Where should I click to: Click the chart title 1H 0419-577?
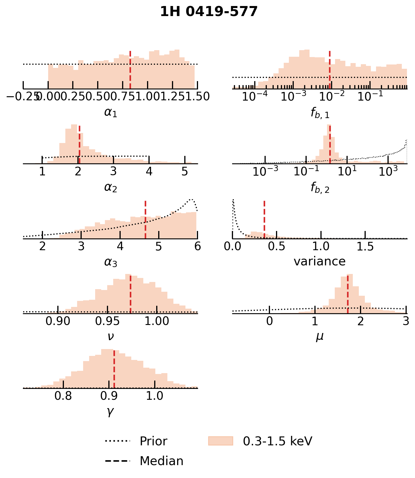tap(209, 12)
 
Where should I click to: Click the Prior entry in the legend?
tap(153, 441)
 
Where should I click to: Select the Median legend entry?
tap(161, 461)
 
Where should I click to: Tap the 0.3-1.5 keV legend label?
tap(277, 441)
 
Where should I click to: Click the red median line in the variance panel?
tap(264, 219)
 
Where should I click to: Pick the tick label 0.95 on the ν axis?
tap(107, 322)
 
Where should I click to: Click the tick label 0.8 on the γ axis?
tap(63, 396)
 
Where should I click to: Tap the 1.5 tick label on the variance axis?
tap(365, 247)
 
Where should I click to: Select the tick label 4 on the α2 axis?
tap(149, 171)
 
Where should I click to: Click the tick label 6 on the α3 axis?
tap(197, 247)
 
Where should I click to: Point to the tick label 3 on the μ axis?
tap(406, 322)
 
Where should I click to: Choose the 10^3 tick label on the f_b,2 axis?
tap(388, 171)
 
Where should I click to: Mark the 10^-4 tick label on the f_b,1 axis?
tap(255, 97)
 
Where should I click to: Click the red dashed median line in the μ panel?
tap(348, 294)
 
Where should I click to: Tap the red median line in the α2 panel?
tap(79, 145)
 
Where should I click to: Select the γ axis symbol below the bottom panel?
tap(110, 412)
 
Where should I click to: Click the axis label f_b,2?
tap(320, 188)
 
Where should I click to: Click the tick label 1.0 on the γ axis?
tap(155, 396)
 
